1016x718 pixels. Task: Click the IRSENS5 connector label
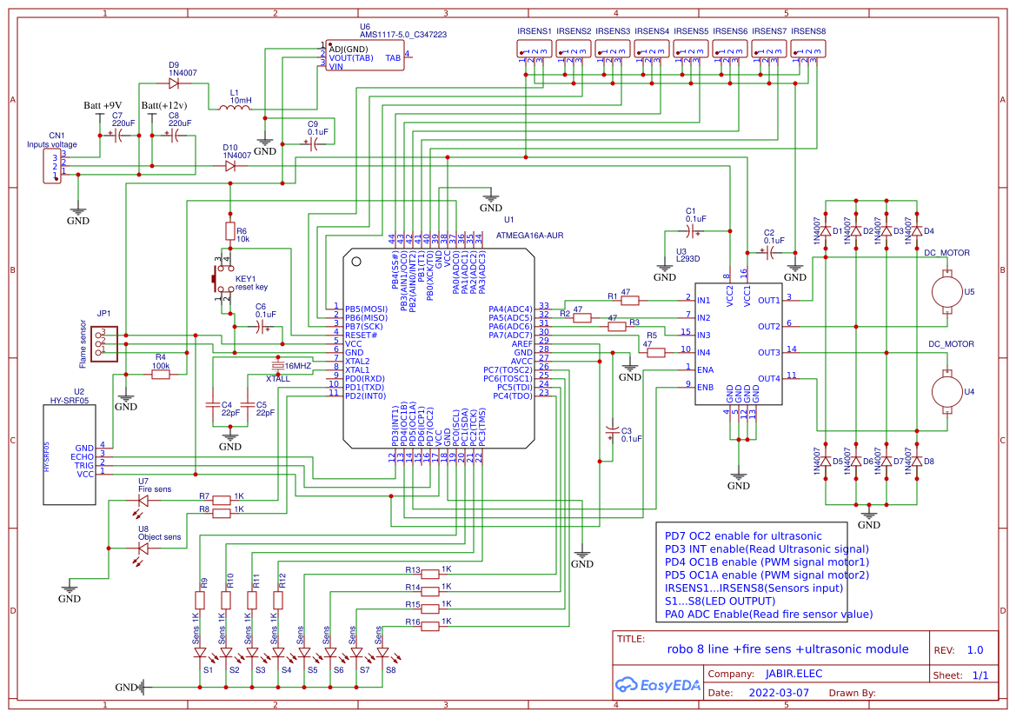pos(690,31)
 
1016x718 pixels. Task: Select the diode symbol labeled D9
pos(174,84)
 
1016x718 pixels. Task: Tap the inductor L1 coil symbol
pos(234,108)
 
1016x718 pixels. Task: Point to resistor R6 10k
pos(229,231)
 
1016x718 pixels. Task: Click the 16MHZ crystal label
pos(297,366)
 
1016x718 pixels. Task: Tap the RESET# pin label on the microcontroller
pos(361,335)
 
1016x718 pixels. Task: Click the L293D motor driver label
pos(687,259)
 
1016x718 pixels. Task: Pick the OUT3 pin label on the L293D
pos(768,353)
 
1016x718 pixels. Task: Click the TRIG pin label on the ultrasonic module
pos(83,465)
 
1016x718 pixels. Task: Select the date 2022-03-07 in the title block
pos(778,694)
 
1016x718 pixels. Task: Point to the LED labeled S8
pos(382,653)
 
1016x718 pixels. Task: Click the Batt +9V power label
pos(103,106)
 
